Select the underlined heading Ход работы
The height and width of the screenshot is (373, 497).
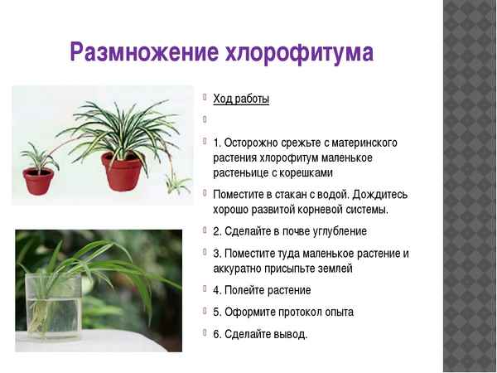241,99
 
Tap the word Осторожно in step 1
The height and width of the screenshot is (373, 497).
254,143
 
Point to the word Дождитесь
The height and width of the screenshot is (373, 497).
378,194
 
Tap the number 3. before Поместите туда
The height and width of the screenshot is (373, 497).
218,254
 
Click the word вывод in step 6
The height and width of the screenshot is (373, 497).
289,334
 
